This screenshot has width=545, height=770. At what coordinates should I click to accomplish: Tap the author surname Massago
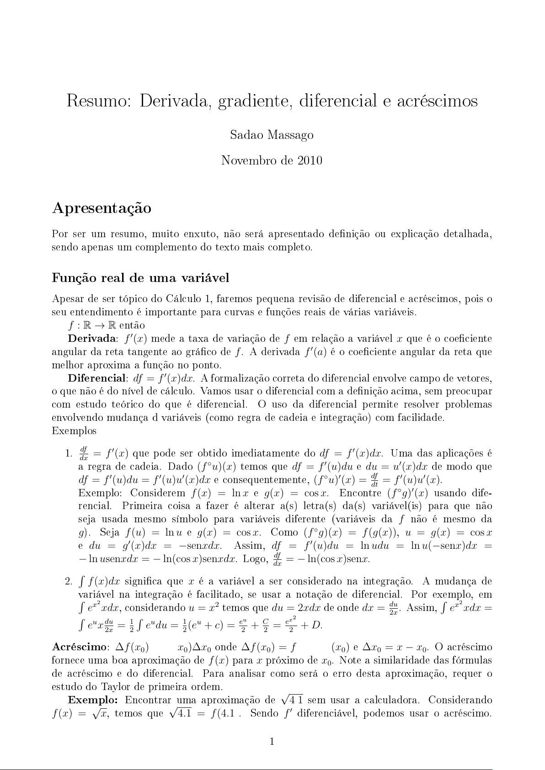coord(291,135)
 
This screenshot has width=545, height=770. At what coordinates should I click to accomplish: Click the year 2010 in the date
coord(310,160)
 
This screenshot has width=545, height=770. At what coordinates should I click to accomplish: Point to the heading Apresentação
coord(102,208)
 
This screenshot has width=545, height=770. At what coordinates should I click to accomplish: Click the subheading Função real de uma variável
coord(140,278)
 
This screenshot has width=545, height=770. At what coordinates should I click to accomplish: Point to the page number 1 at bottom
coord(272,742)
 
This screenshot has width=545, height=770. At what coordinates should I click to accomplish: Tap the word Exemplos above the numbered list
coord(74,431)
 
